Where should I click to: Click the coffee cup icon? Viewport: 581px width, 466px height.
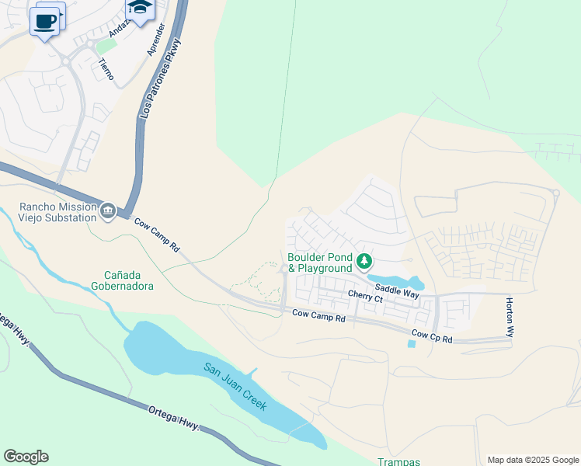[x=45, y=21]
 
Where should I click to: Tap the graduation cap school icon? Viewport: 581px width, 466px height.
[x=139, y=9]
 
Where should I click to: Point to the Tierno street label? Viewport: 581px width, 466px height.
[x=106, y=69]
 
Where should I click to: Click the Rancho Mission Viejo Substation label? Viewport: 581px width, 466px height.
[x=59, y=212]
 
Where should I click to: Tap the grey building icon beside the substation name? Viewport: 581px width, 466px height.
[x=108, y=210]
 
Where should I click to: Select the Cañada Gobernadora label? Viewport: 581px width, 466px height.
[x=129, y=280]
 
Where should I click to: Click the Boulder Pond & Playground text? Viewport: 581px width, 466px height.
[x=320, y=263]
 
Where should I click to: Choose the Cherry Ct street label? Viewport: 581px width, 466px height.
[x=365, y=297]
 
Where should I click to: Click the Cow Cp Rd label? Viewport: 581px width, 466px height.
[x=432, y=336]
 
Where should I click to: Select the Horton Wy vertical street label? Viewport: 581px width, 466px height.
[x=510, y=316]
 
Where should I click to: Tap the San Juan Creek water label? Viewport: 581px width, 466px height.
[x=235, y=386]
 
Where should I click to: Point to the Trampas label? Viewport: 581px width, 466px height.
[x=399, y=461]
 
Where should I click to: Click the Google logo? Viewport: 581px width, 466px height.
[x=26, y=457]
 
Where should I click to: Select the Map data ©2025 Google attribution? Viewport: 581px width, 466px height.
[x=532, y=460]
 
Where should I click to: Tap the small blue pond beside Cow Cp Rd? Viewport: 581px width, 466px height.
[x=410, y=343]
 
